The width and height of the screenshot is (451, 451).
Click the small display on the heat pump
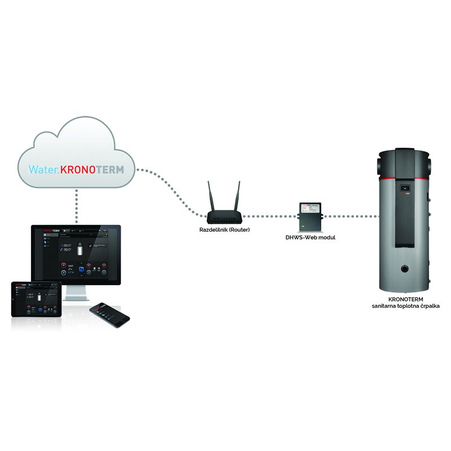coord(403,187)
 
